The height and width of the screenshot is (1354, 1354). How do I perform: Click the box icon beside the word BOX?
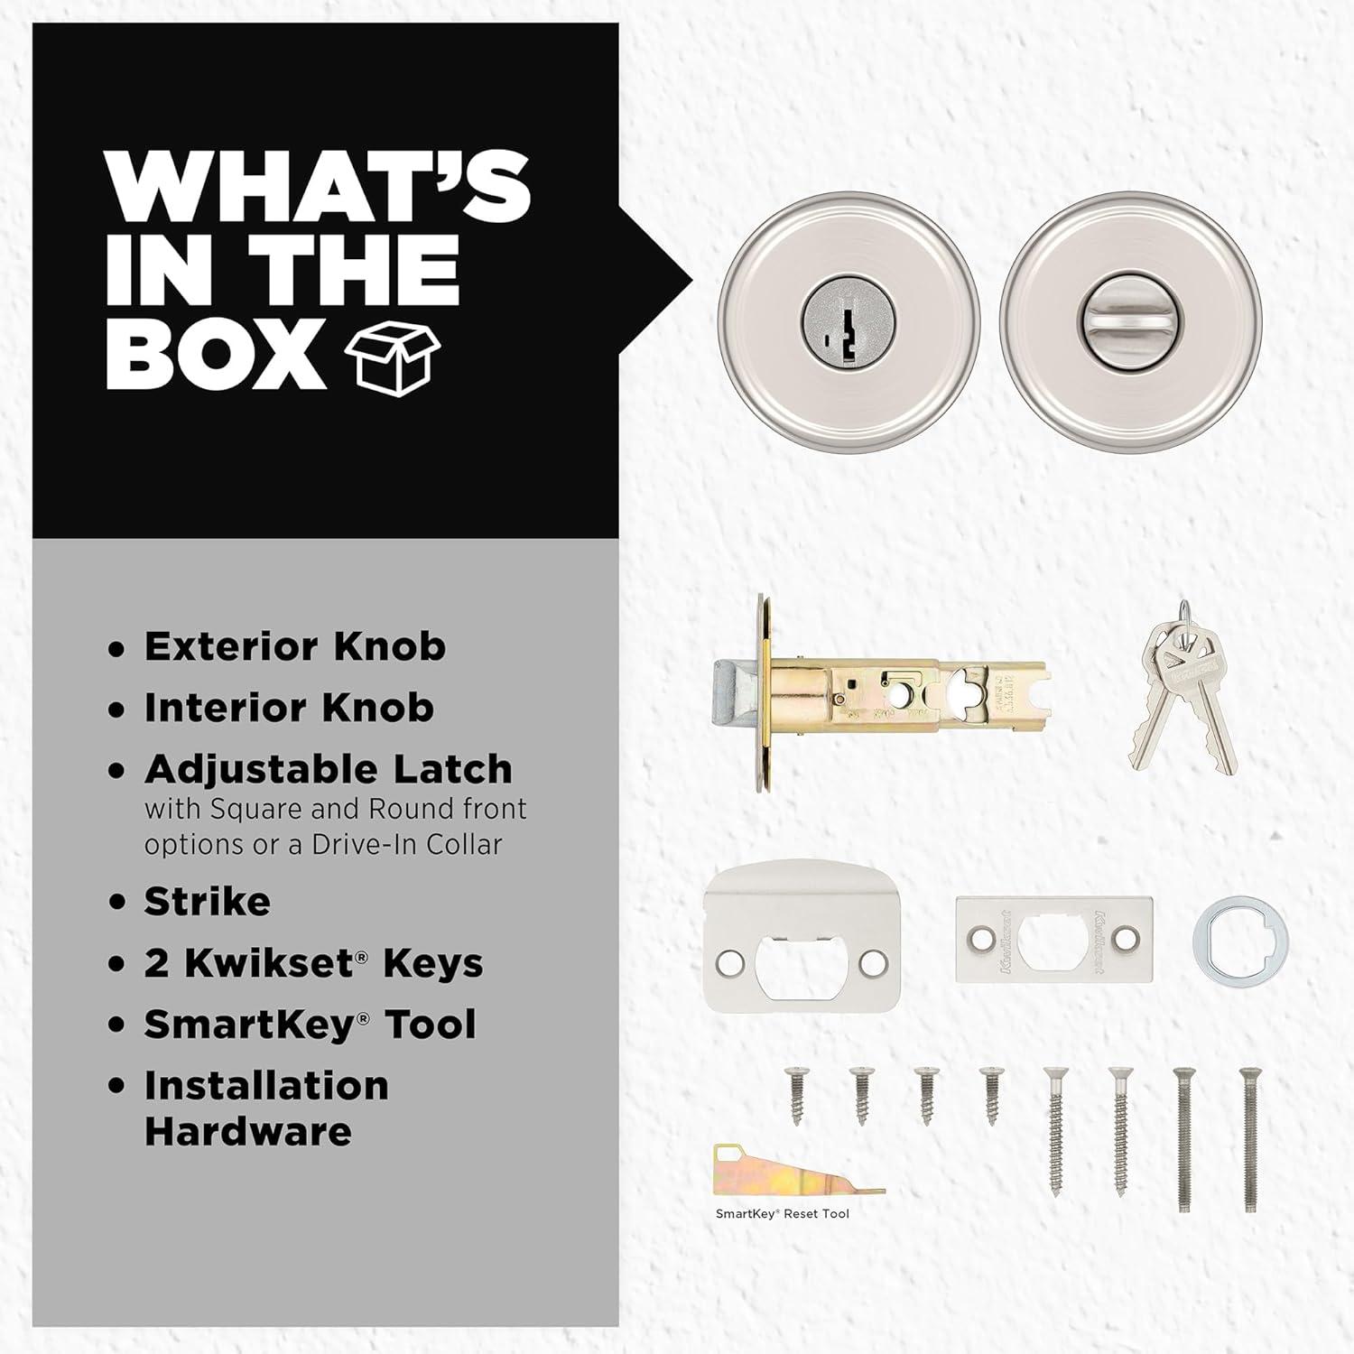pos(392,357)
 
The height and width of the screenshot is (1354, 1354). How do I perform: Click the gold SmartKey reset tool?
pos(799,1171)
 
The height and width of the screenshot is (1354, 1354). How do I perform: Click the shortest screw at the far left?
pos(795,1095)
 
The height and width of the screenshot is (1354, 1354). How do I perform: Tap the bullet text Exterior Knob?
pos(294,646)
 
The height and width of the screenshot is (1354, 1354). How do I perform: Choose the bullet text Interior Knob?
pos(289,708)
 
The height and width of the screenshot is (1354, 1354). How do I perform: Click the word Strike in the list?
pos(207,901)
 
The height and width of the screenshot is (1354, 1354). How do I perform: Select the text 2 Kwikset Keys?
pos(313,963)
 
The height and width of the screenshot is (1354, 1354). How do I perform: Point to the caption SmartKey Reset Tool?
pos(783,1214)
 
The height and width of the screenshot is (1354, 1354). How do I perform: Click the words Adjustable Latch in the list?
pos(328,770)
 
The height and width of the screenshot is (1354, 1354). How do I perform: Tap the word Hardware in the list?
pos(247,1132)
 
